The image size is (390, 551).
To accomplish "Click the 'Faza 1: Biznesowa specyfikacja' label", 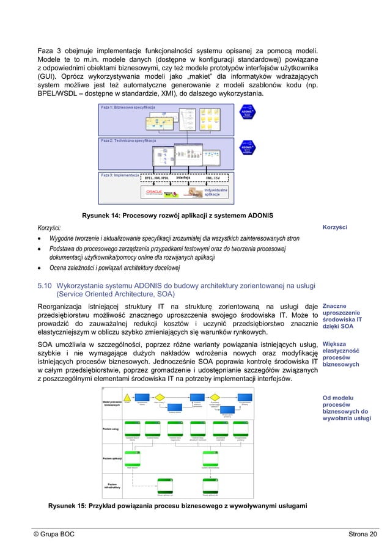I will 128,107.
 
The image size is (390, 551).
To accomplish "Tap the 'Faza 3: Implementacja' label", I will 120,175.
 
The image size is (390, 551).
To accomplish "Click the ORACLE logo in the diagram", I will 153,192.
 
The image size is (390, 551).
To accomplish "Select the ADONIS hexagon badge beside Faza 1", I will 247,114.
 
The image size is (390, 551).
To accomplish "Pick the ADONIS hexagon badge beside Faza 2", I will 247,148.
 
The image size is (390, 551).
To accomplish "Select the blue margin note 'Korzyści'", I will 334,227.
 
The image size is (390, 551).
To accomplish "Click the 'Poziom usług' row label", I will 111,429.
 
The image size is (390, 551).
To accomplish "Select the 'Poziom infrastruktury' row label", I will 112,486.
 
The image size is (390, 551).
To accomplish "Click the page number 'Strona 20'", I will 362,535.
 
